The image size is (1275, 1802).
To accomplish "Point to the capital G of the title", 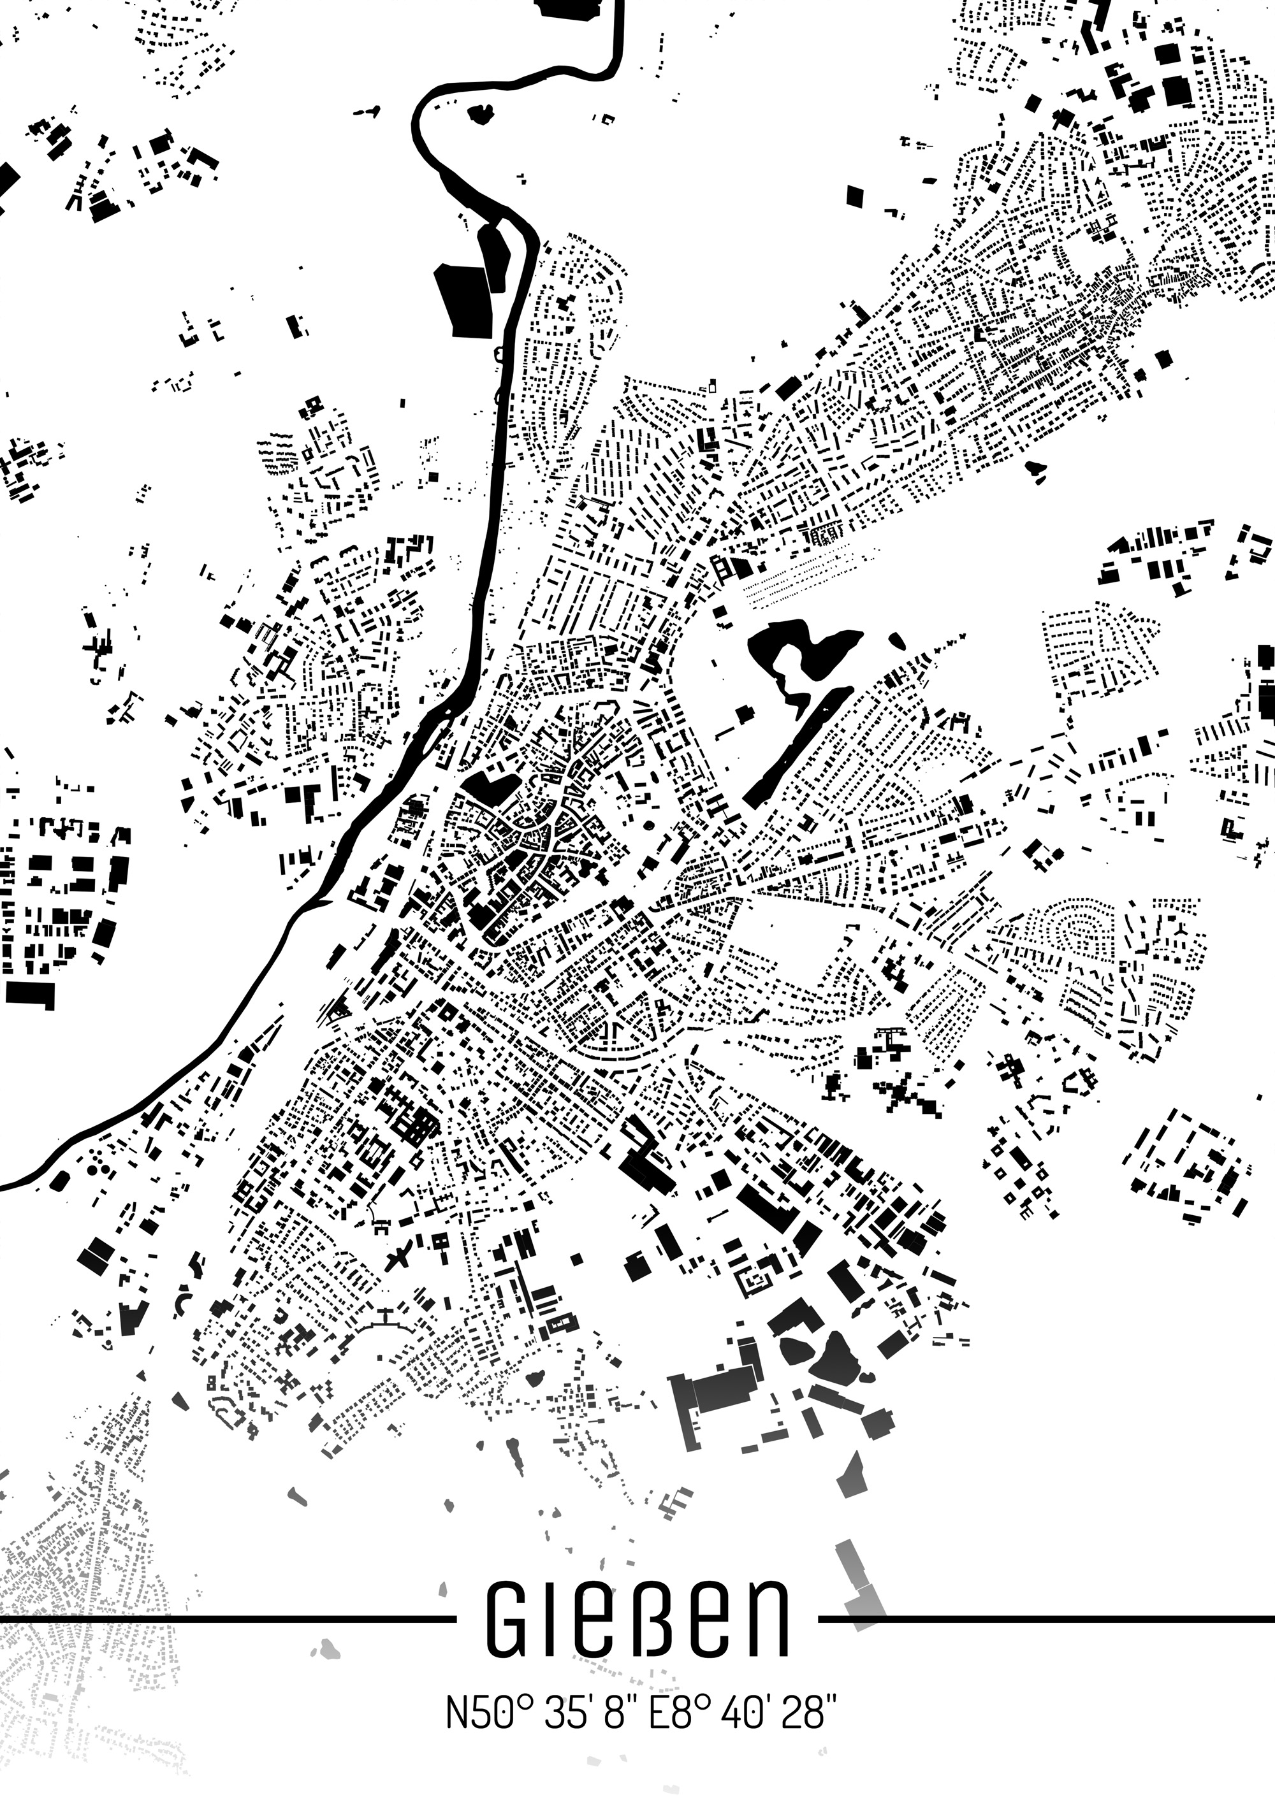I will [510, 1618].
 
